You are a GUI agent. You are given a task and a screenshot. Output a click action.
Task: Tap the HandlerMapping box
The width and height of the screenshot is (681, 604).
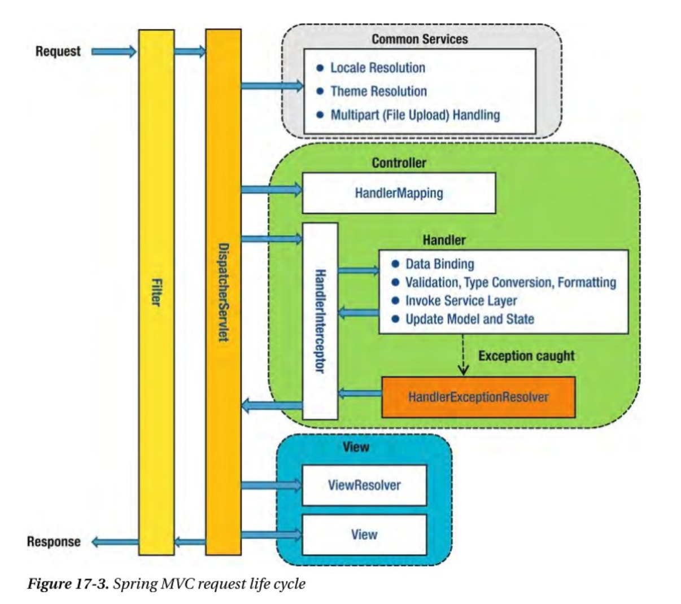tap(399, 193)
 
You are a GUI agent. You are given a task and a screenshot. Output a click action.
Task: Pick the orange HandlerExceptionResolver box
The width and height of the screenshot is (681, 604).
tap(478, 397)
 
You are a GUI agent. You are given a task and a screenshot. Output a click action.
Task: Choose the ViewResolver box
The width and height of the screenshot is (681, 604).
tap(364, 485)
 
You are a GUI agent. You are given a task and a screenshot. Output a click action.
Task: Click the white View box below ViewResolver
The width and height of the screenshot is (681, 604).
tap(364, 534)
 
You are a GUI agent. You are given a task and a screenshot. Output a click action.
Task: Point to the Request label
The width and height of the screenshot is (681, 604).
tap(58, 51)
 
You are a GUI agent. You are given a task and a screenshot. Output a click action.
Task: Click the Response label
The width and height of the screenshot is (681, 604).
tap(54, 542)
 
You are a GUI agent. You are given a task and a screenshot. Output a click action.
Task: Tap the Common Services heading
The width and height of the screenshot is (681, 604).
tap(420, 39)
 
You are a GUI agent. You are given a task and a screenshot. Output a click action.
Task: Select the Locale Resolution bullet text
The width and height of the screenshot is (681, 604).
tap(378, 68)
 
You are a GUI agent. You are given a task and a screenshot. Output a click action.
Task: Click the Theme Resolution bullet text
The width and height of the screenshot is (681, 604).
tap(378, 91)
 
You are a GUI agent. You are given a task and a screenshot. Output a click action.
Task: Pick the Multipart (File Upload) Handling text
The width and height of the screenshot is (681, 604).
tap(415, 115)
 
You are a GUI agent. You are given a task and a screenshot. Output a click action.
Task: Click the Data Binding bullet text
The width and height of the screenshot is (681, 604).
tap(440, 264)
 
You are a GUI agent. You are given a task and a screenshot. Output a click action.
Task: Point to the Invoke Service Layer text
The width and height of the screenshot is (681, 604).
tap(461, 300)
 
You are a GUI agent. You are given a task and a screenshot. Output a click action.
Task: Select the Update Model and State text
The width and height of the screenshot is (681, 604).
tap(469, 319)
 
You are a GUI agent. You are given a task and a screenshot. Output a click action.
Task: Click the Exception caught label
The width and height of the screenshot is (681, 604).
tap(526, 356)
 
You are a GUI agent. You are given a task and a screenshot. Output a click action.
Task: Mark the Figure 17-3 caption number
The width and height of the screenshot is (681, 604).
tap(68, 584)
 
